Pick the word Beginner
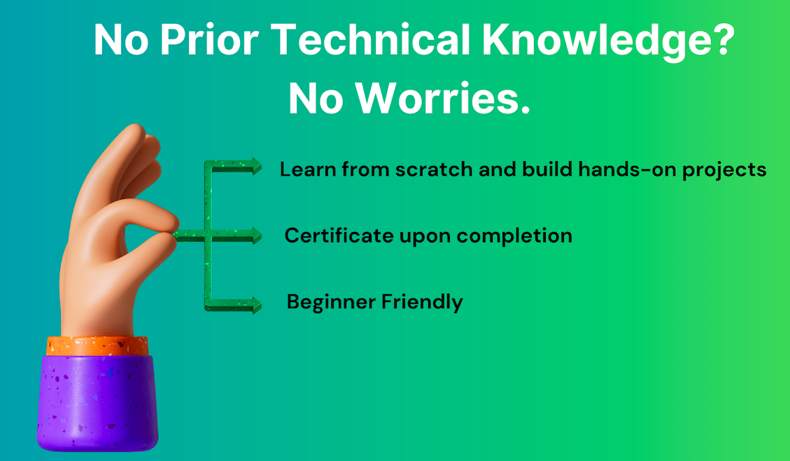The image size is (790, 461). (x=331, y=303)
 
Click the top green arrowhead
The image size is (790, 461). (x=256, y=166)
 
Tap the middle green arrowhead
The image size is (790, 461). (x=256, y=236)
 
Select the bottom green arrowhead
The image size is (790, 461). (x=256, y=305)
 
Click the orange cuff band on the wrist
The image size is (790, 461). (x=97, y=345)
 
